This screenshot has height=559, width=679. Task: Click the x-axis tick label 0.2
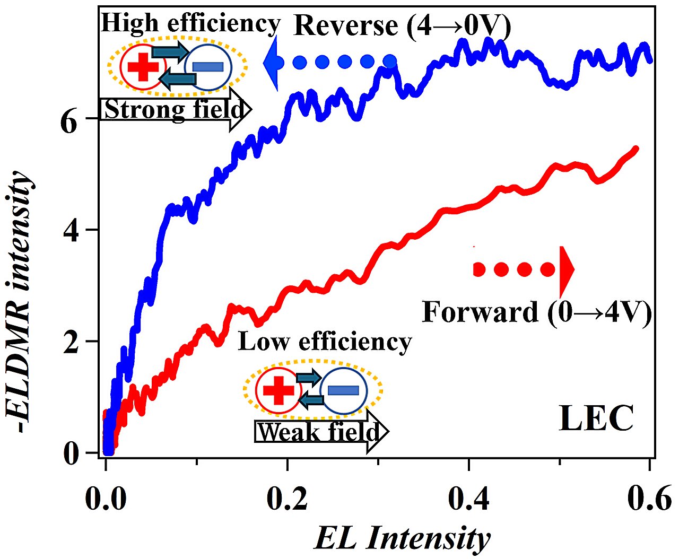(287, 499)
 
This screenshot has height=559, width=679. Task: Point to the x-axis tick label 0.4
(468, 499)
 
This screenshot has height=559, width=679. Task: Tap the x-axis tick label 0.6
(649, 499)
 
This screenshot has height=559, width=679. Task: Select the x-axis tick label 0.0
(107, 499)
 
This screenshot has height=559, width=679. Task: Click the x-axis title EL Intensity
(402, 538)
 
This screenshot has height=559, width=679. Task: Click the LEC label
(596, 418)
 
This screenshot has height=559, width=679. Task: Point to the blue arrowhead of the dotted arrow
(271, 63)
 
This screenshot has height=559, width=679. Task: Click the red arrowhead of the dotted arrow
(567, 270)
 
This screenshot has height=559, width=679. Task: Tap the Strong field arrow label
(173, 110)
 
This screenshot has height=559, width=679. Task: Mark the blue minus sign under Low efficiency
(343, 391)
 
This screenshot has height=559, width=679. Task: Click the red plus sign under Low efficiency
(278, 391)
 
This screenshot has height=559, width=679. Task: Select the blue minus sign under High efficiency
(208, 66)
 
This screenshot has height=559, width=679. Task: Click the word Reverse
(345, 25)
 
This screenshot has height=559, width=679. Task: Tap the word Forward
(480, 312)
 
